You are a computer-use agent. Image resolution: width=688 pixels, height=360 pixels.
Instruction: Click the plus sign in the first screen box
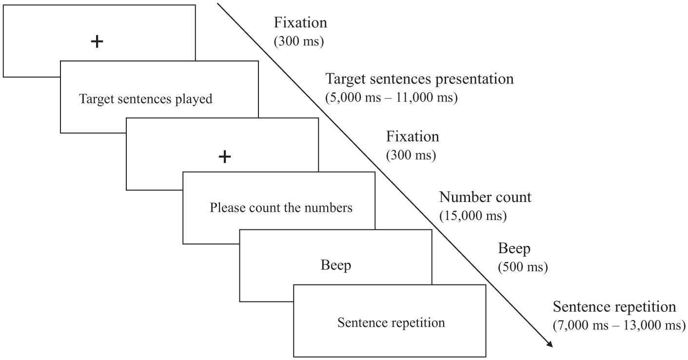(97, 41)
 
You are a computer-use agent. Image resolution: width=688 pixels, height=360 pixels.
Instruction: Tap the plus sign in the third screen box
(225, 157)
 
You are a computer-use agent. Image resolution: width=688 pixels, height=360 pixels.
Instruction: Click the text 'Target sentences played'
(146, 99)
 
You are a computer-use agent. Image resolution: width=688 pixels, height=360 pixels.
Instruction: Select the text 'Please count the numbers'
(281, 208)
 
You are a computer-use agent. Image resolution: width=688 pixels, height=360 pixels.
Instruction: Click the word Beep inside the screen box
(335, 265)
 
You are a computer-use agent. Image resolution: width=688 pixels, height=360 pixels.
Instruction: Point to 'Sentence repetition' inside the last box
(392, 323)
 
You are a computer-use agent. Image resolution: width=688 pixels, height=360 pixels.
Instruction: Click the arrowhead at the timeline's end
(550, 344)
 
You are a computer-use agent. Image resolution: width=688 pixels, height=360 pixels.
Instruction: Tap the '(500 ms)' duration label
(523, 267)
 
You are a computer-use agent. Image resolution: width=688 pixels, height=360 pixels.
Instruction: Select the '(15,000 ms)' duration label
(473, 216)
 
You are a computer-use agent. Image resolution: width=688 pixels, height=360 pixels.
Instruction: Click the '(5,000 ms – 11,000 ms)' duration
(392, 98)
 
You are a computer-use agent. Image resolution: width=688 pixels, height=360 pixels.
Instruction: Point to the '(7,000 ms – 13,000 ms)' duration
(619, 325)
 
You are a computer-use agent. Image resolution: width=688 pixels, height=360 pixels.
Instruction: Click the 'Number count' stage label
(485, 197)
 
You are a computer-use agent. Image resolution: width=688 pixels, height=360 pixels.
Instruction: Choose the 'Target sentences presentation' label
(419, 79)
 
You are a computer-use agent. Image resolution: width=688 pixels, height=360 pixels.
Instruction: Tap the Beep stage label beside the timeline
(514, 248)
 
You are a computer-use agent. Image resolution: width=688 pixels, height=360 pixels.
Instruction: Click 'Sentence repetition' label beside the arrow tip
(614, 306)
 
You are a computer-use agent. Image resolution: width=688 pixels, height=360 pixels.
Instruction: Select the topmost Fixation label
(300, 23)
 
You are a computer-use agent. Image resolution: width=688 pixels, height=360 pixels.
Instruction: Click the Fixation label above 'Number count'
(413, 137)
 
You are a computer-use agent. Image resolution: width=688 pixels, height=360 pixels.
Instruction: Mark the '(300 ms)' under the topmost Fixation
(299, 41)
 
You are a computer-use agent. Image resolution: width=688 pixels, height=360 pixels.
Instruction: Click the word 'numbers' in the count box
(328, 208)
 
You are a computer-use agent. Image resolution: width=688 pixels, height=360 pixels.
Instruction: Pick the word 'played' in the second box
(194, 99)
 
